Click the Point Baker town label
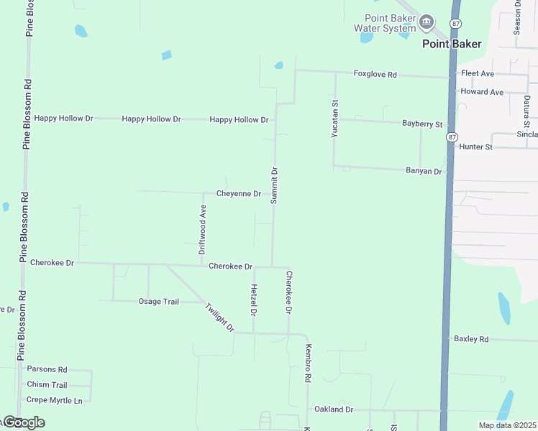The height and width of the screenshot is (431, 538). [x=452, y=45]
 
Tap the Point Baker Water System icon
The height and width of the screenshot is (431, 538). [x=427, y=22]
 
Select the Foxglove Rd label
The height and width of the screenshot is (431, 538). [x=375, y=74]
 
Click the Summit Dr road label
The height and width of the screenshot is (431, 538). [x=274, y=185]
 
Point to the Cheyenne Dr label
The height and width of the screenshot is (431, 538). [x=238, y=194]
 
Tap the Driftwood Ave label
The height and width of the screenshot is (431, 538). [x=203, y=230]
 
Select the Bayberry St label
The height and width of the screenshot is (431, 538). [x=422, y=124]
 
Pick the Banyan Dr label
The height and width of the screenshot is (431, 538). [x=424, y=171]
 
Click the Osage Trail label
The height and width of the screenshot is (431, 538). [x=158, y=302]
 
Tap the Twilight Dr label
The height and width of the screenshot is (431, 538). [x=219, y=317]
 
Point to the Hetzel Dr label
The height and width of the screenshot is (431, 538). [x=254, y=300]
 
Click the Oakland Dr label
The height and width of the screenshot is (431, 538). [x=334, y=409]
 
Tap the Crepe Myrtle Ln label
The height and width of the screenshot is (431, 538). [x=55, y=400]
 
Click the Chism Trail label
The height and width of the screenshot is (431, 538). [x=47, y=385]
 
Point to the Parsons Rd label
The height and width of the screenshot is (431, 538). [x=47, y=369]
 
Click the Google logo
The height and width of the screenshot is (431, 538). [x=23, y=422]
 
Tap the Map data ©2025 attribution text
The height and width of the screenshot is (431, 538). [x=506, y=425]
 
